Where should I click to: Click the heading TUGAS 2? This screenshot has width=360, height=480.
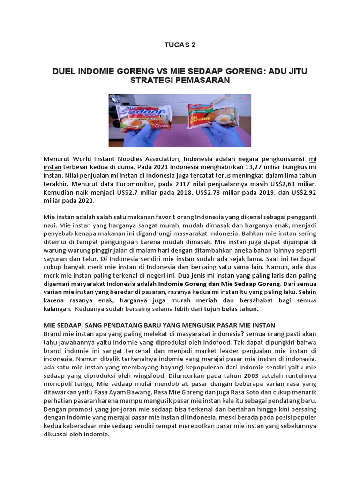tap(180, 45)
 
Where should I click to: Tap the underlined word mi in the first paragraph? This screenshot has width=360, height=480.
tap(312, 159)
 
